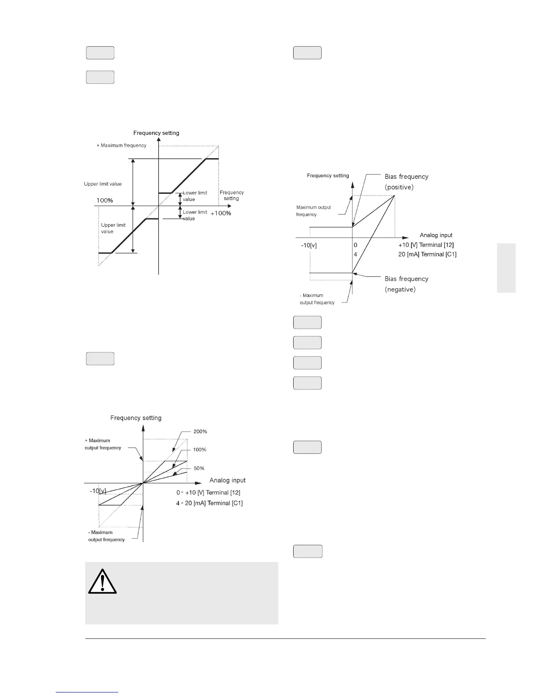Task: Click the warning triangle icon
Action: click(x=102, y=582)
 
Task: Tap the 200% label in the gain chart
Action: click(x=200, y=431)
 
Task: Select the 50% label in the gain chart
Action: click(x=199, y=468)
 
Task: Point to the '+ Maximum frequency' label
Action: click(x=121, y=145)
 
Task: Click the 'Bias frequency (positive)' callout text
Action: click(x=406, y=181)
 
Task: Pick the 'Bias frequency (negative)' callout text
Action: click(x=406, y=284)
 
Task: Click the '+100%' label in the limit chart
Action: click(x=221, y=213)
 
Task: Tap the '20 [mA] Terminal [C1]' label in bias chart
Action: click(x=427, y=254)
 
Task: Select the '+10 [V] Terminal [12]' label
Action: click(x=425, y=245)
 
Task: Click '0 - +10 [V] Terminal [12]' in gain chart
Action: click(x=208, y=493)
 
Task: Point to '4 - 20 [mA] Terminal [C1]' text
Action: click(x=209, y=503)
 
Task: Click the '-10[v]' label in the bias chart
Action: click(x=309, y=245)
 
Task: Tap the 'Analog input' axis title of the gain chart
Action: click(x=227, y=480)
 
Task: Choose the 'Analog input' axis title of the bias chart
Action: click(x=436, y=235)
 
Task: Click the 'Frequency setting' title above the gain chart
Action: click(x=136, y=418)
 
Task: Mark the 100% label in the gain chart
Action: click(x=200, y=450)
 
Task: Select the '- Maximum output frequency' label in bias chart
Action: click(x=317, y=299)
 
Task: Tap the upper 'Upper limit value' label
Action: click(x=103, y=184)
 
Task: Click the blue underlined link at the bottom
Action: click(x=87, y=692)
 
